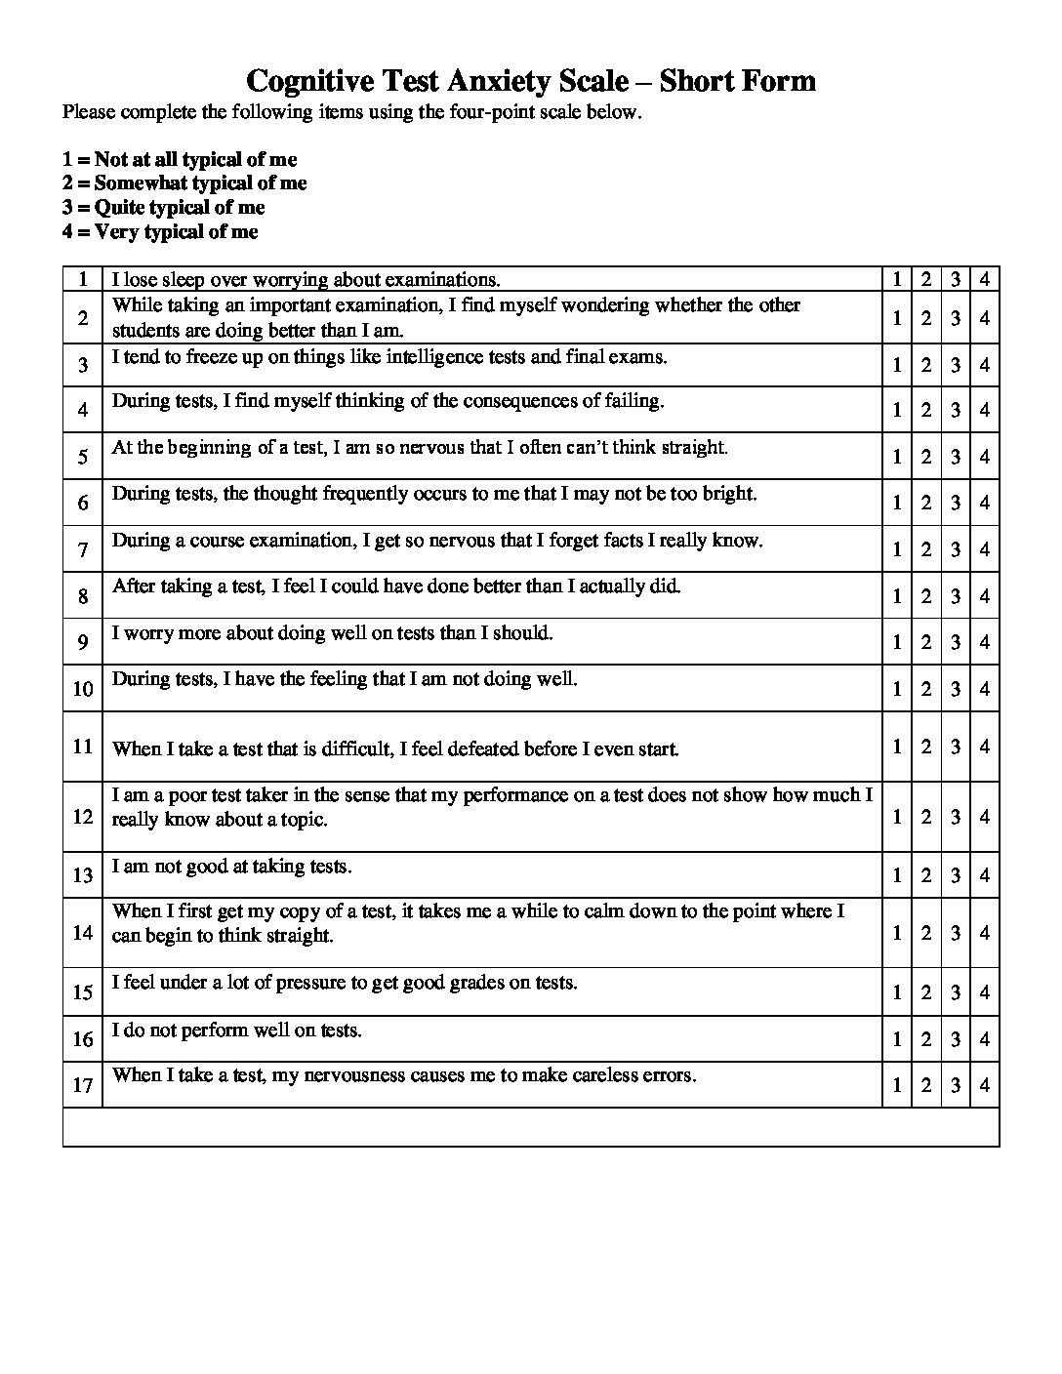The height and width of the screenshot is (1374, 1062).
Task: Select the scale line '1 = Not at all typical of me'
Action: click(180, 160)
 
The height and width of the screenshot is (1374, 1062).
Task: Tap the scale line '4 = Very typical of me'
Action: click(160, 232)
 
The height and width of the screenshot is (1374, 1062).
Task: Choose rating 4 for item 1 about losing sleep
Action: click(985, 279)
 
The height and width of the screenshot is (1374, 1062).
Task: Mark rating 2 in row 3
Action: click(926, 365)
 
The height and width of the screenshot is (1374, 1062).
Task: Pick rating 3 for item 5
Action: click(956, 457)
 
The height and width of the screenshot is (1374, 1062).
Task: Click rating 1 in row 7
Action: click(897, 549)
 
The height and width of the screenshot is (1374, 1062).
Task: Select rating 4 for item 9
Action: click(985, 642)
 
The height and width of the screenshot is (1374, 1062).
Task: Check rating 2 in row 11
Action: click(926, 747)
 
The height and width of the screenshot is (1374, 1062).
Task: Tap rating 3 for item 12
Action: click(956, 817)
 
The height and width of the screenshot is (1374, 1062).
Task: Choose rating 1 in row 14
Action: click(897, 934)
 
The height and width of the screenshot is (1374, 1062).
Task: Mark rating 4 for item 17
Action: click(985, 1085)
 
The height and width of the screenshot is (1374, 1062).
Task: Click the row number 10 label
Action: click(82, 689)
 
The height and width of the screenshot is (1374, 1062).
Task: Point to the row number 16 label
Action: click(82, 1039)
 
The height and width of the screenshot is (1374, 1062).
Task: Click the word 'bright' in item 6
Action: click(728, 494)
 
